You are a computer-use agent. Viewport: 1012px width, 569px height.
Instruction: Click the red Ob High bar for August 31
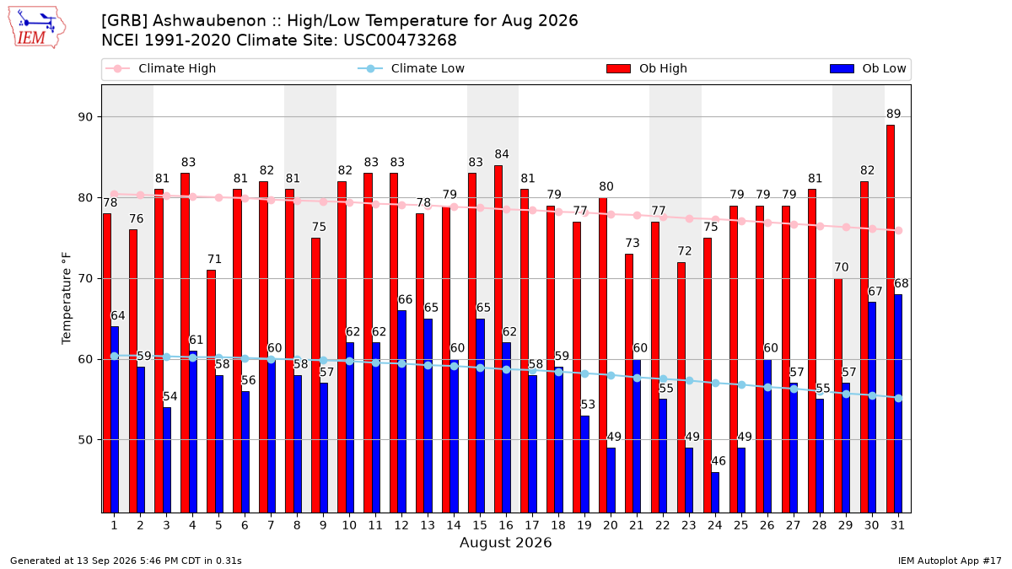(x=891, y=319)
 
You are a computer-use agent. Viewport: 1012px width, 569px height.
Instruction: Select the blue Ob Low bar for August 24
(x=715, y=492)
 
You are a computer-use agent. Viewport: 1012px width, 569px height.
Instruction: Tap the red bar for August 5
(x=211, y=391)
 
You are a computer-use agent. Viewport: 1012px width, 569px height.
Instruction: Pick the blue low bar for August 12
(x=401, y=412)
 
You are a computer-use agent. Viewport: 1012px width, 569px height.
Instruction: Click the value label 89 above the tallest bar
(x=893, y=114)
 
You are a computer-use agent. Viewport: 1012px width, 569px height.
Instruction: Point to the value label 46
(x=719, y=461)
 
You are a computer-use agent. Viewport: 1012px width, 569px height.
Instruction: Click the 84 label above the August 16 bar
(x=502, y=154)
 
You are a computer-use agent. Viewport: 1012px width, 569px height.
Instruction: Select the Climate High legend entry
(x=161, y=68)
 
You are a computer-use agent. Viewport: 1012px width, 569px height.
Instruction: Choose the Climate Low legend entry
(x=412, y=68)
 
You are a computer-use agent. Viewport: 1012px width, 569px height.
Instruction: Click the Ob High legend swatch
(x=618, y=68)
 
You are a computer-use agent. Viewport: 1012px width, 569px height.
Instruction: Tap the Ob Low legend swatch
(x=842, y=68)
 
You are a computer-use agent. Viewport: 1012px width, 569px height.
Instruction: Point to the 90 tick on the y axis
(x=85, y=117)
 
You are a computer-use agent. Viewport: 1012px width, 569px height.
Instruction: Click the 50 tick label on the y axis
(x=85, y=440)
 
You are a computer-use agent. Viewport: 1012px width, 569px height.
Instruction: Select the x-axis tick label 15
(x=480, y=525)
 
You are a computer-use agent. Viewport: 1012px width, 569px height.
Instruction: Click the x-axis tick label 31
(x=897, y=525)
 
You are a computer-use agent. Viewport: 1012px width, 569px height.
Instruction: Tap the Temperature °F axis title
(x=67, y=298)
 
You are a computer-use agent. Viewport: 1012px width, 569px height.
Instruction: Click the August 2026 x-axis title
(x=505, y=542)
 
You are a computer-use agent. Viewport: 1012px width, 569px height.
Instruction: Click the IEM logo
(x=36, y=28)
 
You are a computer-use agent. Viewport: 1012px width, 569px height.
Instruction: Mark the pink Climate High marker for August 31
(x=899, y=230)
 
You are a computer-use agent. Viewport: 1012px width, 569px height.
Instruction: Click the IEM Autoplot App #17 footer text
(x=950, y=561)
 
